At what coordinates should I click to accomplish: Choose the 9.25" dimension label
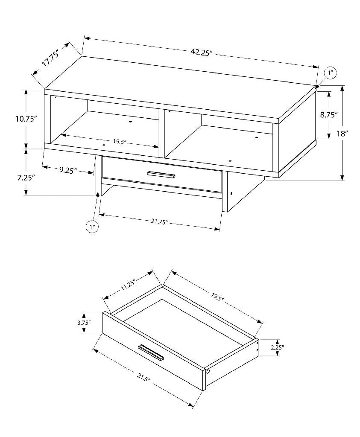(x=67, y=170)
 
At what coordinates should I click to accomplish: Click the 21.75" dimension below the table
(x=158, y=222)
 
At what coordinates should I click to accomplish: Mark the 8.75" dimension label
(x=330, y=114)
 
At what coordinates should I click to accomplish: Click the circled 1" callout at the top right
(x=331, y=73)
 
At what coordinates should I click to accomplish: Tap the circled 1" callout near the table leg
(x=92, y=227)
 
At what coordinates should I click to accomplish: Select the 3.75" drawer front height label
(x=84, y=323)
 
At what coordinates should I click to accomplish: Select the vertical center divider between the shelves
(x=162, y=133)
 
